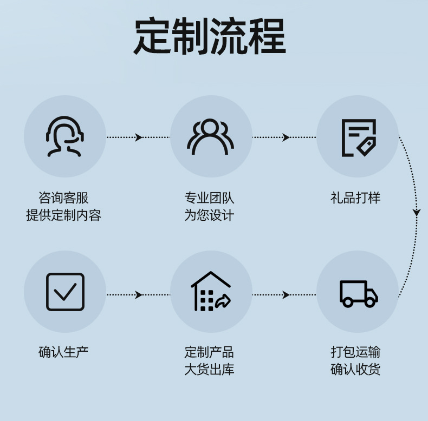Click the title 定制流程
(x=210, y=37)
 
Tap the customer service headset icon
(x=64, y=136)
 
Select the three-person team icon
(x=211, y=137)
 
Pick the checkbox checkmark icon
(x=65, y=292)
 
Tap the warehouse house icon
(x=211, y=291)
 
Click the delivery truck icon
(x=358, y=293)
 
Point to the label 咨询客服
(x=63, y=198)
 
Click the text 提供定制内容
(x=63, y=215)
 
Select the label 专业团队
(x=210, y=198)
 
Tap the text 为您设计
(x=210, y=215)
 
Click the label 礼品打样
(x=356, y=198)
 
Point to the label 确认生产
(x=63, y=352)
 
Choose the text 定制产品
(x=210, y=352)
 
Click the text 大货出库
(x=210, y=370)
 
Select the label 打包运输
(x=356, y=352)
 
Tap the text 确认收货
(x=356, y=370)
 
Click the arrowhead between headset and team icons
(x=139, y=137)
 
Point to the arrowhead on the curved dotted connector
(x=416, y=213)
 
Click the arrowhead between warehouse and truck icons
(x=286, y=295)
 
